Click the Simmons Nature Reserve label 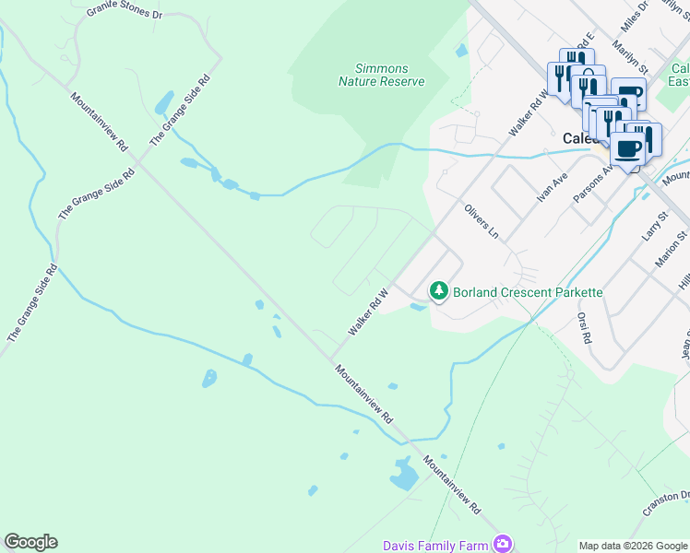pyautogui.click(x=381, y=75)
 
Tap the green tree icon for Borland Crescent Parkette pyautogui.click(x=439, y=291)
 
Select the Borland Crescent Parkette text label pyautogui.click(x=527, y=292)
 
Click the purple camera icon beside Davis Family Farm pyautogui.click(x=502, y=544)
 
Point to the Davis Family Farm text pyautogui.click(x=435, y=546)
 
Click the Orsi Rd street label pyautogui.click(x=583, y=327)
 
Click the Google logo pyautogui.click(x=30, y=542)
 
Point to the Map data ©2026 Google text pyautogui.click(x=631, y=546)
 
